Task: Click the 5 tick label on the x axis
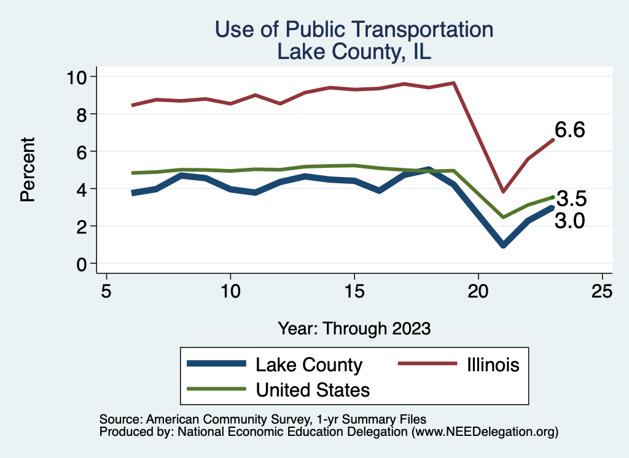106,291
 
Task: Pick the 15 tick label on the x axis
354,291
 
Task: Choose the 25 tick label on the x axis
601,291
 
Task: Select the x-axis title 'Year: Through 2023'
354,328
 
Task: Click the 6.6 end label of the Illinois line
570,130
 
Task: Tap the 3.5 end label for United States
571,199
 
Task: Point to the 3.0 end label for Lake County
570,221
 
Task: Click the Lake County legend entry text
309,365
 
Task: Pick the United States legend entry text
313,390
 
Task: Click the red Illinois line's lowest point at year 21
503,192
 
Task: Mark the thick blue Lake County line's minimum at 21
503,245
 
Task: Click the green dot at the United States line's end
553,197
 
